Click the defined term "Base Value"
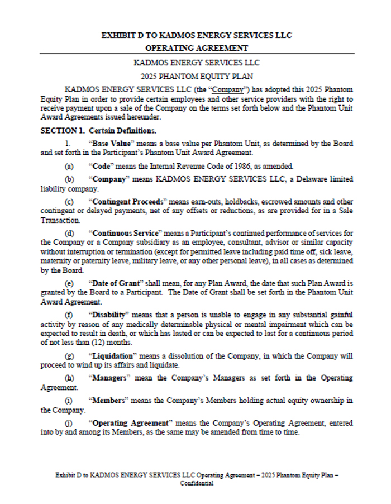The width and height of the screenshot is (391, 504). click(x=109, y=144)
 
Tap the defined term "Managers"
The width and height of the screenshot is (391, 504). click(x=110, y=378)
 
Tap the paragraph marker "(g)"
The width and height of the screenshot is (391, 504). click(x=69, y=356)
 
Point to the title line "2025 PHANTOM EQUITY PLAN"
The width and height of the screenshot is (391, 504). click(x=195, y=75)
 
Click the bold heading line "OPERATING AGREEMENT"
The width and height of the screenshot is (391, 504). click(x=196, y=48)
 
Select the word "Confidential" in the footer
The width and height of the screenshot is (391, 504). click(x=196, y=483)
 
